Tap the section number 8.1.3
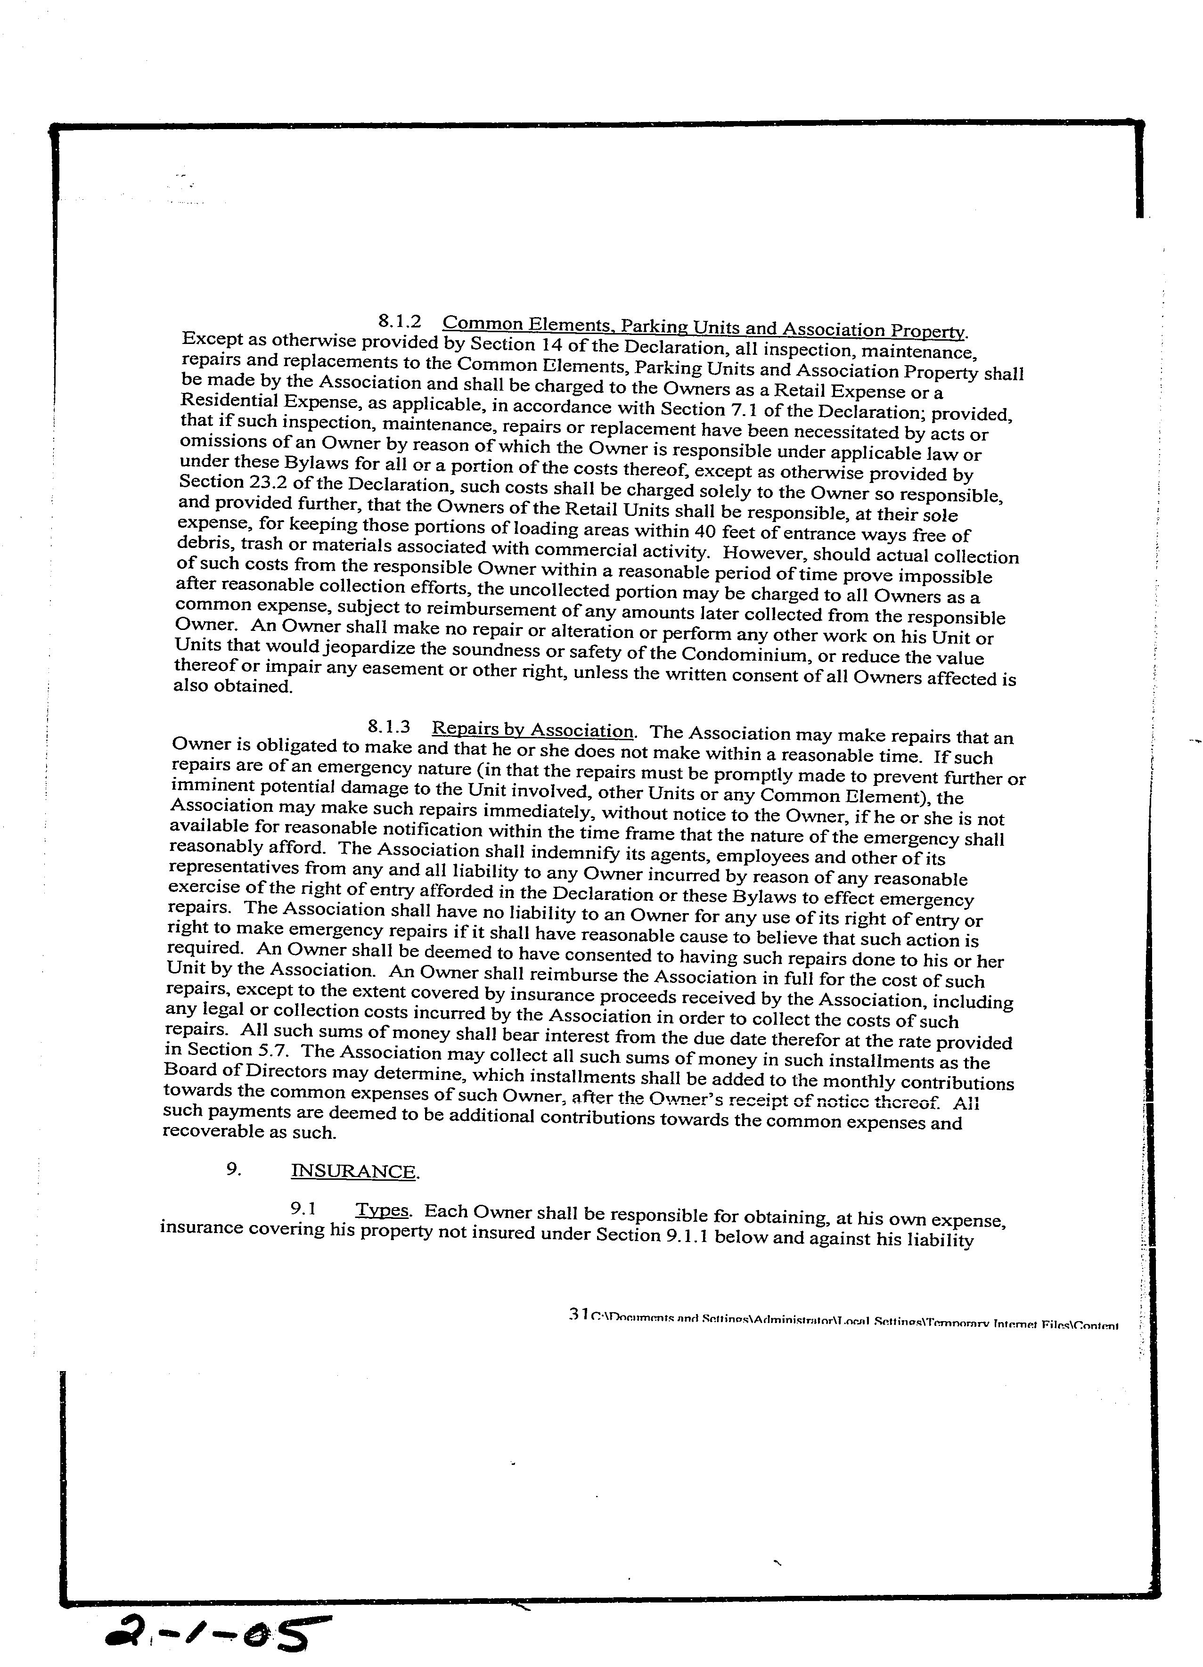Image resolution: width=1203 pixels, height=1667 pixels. click(387, 727)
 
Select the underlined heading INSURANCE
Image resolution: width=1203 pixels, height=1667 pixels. click(355, 1171)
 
